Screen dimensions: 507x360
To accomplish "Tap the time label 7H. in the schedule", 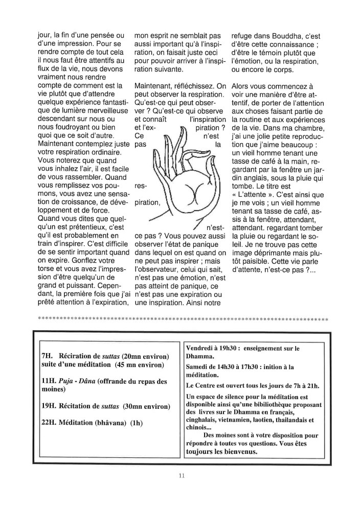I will [48, 355].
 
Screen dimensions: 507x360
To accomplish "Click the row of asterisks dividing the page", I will [183, 319].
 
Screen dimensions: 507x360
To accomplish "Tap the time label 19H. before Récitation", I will [50, 406].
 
